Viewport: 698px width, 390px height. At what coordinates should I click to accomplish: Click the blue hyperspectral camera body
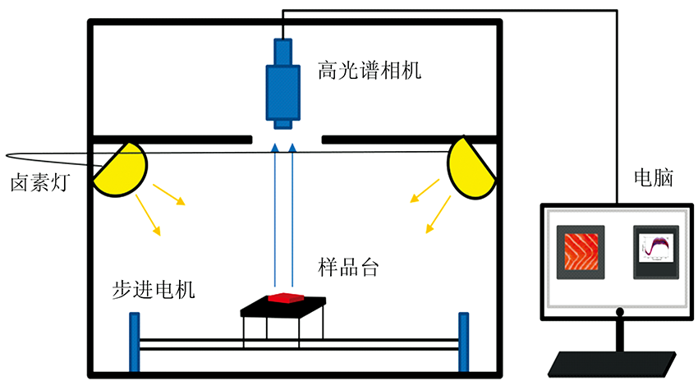[x=282, y=86]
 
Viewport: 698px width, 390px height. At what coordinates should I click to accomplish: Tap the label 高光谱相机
[x=370, y=71]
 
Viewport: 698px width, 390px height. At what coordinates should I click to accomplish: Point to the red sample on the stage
[x=283, y=297]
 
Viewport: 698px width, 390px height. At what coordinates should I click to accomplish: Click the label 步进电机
[x=154, y=290]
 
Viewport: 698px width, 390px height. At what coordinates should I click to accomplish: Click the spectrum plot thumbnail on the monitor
[x=656, y=253]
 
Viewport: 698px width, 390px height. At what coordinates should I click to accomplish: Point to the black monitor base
[x=616, y=360]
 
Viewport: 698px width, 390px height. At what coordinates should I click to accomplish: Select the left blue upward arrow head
[x=275, y=148]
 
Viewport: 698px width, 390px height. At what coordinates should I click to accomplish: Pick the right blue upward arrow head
[x=293, y=148]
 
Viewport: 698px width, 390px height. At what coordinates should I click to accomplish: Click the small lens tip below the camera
[x=282, y=124]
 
